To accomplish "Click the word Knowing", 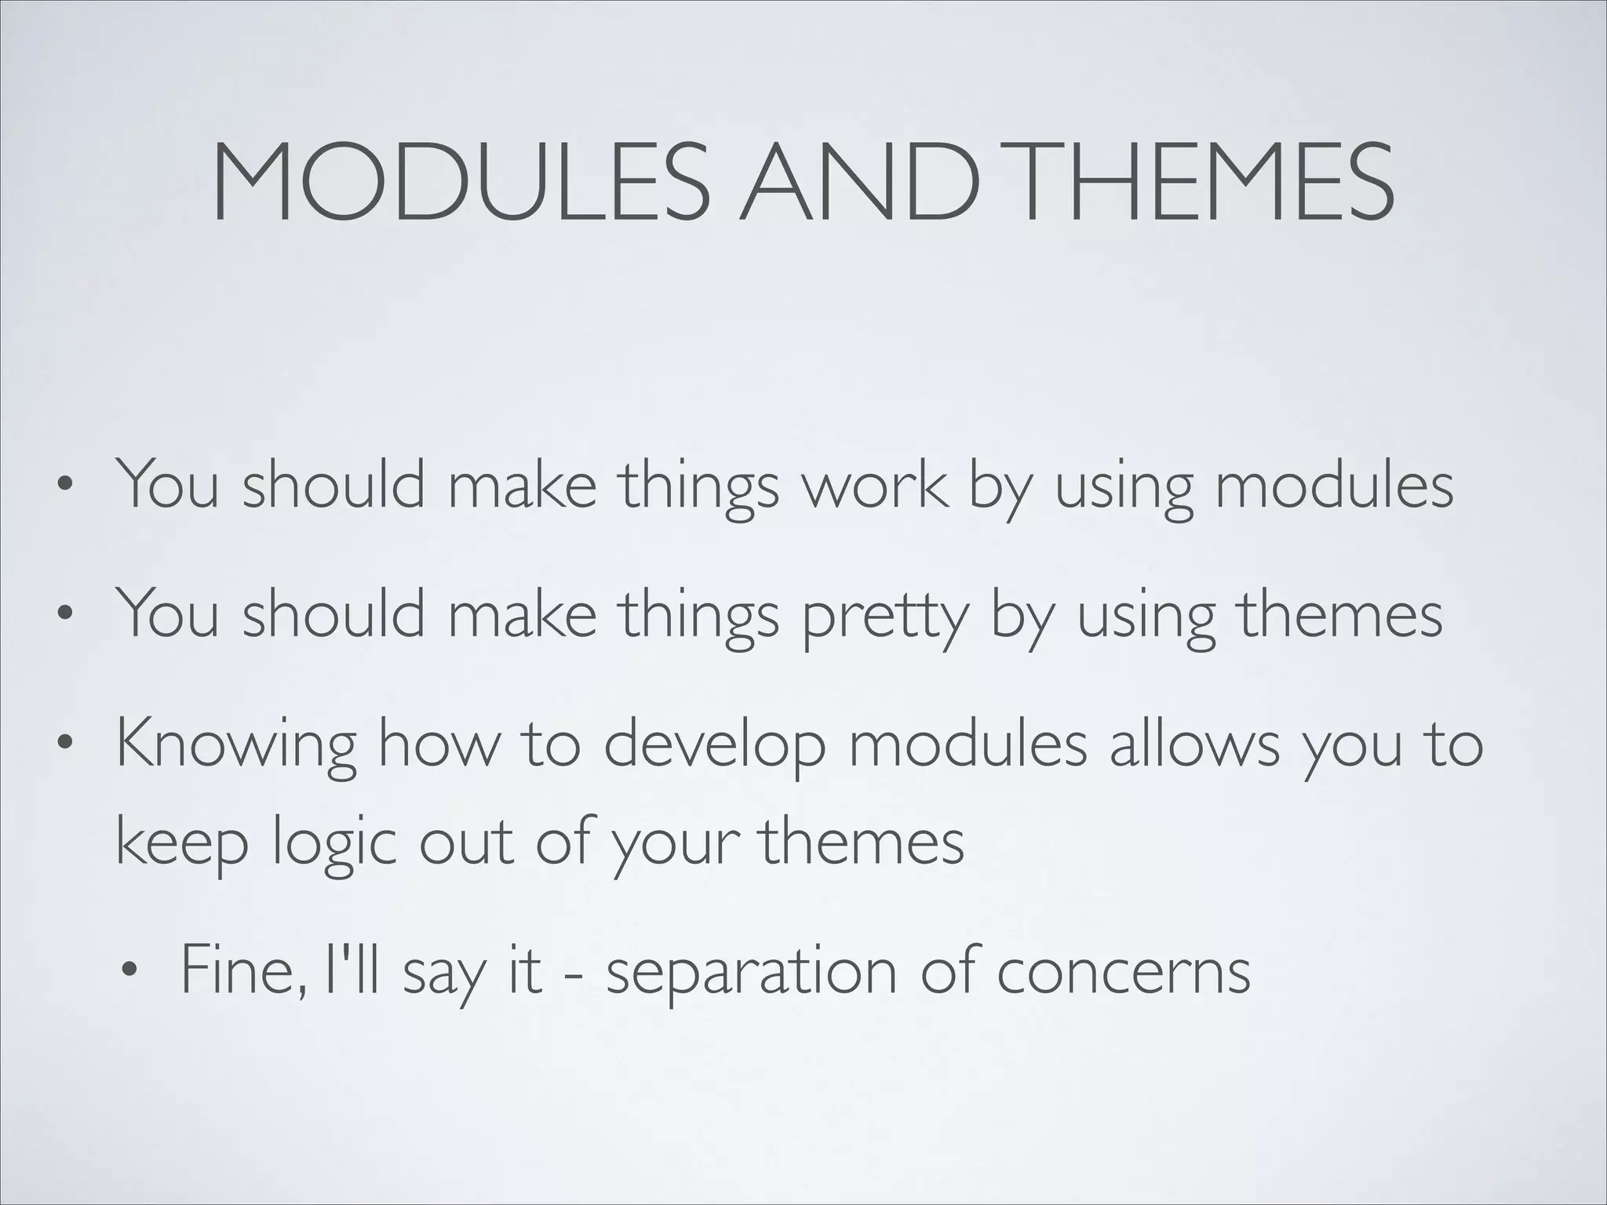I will [236, 745].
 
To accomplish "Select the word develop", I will [715, 745].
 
